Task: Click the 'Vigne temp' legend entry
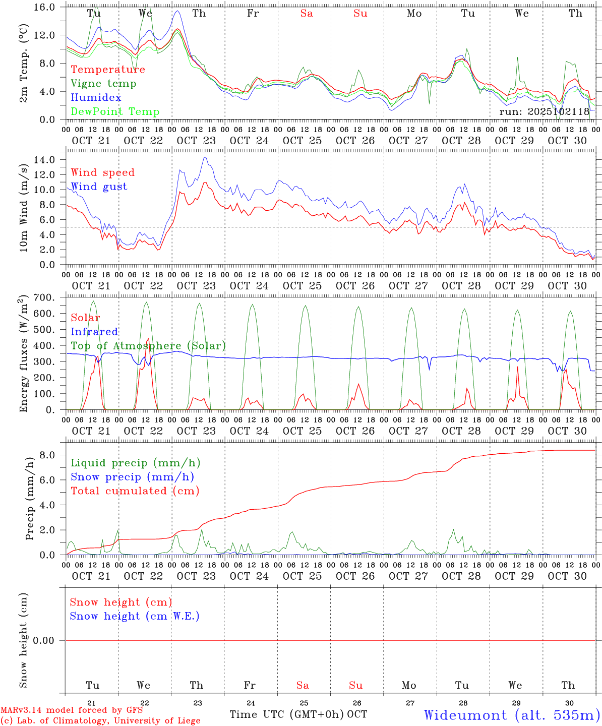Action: point(103,84)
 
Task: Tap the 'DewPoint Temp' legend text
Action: point(115,112)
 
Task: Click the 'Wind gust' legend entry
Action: point(99,187)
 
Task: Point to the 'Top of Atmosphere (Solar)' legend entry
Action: point(148,346)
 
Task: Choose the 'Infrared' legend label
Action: point(94,332)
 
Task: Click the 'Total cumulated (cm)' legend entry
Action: point(135,491)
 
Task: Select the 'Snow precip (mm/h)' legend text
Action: point(132,477)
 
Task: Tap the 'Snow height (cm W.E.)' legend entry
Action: point(135,616)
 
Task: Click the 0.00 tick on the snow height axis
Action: point(47,640)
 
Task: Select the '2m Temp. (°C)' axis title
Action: point(23,63)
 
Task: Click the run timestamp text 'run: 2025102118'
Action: point(544,112)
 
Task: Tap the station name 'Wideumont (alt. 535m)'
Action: point(512,715)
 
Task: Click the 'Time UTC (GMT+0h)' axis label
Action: point(287,714)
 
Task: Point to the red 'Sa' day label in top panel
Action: point(307,14)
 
